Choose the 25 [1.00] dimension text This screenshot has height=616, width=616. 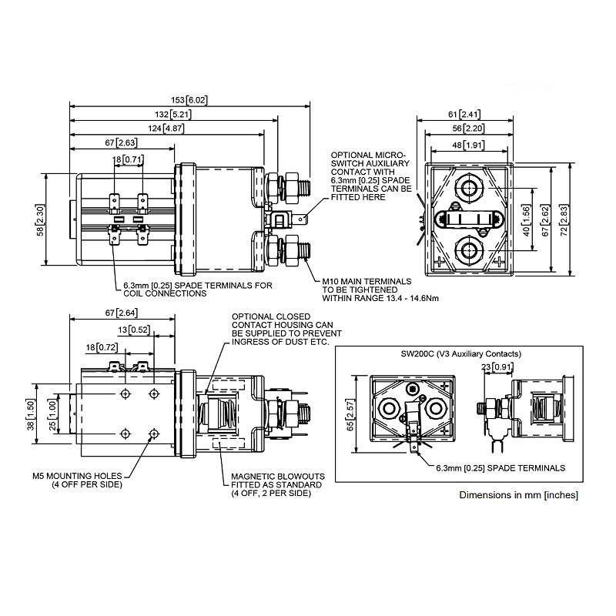point(50,416)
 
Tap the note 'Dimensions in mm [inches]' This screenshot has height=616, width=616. point(517,494)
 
